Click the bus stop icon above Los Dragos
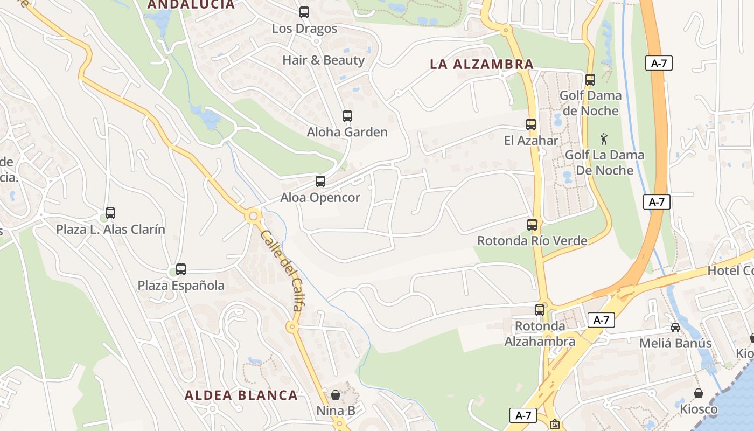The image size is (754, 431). pos(304,12)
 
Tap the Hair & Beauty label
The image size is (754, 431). pos(324,60)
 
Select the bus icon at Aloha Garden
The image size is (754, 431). pos(347,116)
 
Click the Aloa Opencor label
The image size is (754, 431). pos(320,198)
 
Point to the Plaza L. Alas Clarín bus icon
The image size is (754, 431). pos(110,213)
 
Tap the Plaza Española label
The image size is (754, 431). pos(181,286)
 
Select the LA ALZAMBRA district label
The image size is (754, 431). pos(481,65)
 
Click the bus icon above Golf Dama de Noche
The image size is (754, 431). pos(590,80)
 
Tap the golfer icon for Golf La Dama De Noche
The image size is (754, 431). pos(604,140)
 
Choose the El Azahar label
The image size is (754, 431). pos(531,141)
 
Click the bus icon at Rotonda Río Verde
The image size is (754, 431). pos(532,224)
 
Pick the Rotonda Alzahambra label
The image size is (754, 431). pos(540,334)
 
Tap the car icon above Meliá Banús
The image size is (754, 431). pos(675,327)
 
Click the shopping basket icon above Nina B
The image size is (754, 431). pos(336,395)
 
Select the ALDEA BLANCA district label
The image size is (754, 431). pos(241,395)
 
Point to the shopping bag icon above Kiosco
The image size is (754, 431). pos(699,393)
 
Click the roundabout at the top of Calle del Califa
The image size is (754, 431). pos(253,217)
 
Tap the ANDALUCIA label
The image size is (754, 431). pos(191,5)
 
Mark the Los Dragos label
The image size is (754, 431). pos(304,29)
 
